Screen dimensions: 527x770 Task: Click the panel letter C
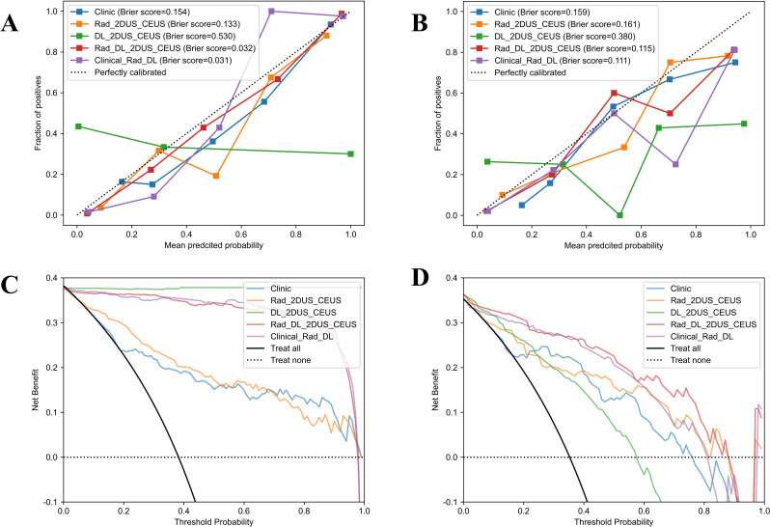tap(14, 284)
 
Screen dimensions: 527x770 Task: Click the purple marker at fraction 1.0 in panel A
tap(272, 12)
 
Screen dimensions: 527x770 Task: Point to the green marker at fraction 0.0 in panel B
tap(619, 214)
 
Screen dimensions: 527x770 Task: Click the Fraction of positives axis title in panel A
tap(37, 112)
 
